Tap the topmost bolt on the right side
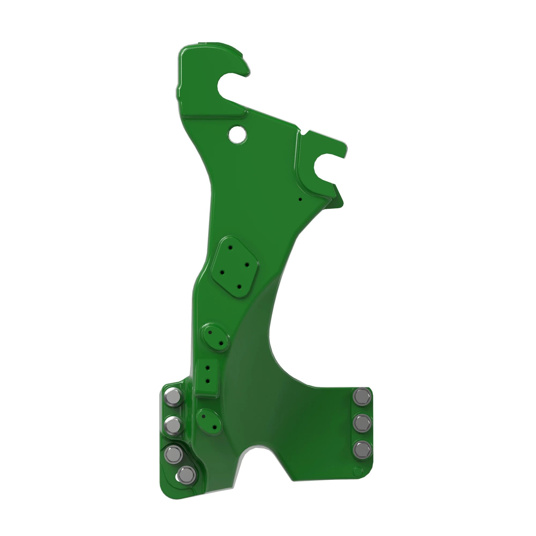pyautogui.click(x=362, y=397)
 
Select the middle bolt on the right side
pyautogui.click(x=362, y=423)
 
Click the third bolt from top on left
pyautogui.click(x=173, y=454)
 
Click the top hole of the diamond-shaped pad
pyautogui.click(x=230, y=247)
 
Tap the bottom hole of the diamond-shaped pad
pyautogui.click(x=239, y=286)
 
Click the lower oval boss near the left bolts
pyautogui.click(x=209, y=421)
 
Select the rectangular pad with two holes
pyautogui.click(x=207, y=378)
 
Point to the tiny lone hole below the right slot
pyautogui.click(x=300, y=199)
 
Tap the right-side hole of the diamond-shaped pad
pyautogui.click(x=247, y=265)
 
